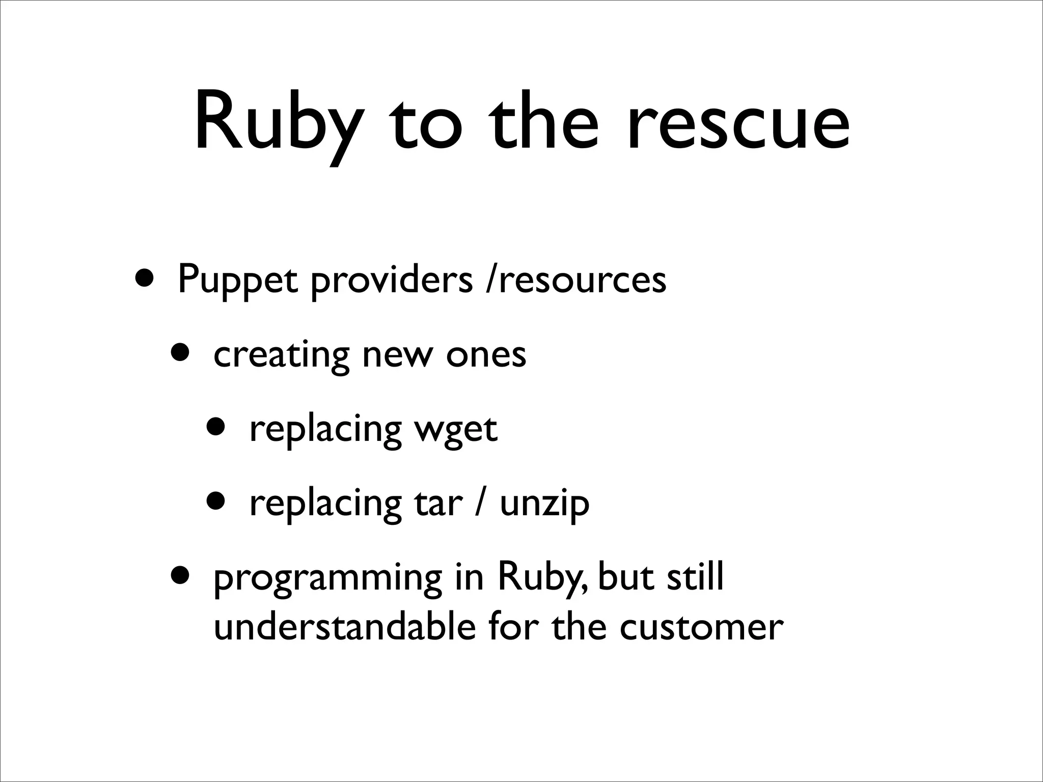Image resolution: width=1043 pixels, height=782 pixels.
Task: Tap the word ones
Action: click(x=486, y=355)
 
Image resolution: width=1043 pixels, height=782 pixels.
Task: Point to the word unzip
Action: click(x=544, y=504)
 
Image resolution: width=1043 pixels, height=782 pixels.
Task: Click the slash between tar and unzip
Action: click(x=480, y=504)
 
